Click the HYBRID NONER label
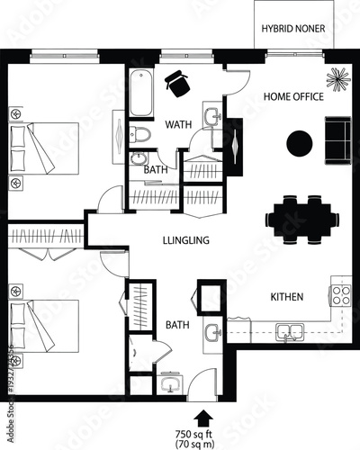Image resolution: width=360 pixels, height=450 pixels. [294, 28]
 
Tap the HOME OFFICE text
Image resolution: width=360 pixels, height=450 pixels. [292, 95]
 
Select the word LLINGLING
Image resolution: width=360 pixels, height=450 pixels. [186, 240]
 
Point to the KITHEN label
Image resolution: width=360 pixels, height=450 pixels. [287, 296]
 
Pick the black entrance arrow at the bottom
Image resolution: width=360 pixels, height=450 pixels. [201, 416]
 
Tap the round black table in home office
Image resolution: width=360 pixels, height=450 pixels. [299, 142]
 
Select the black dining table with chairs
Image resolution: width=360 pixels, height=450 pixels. [303, 219]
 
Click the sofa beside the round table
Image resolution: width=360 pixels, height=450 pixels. [338, 140]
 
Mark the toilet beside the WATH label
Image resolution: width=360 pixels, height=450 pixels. [139, 136]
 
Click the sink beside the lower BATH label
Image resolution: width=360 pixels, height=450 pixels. [213, 334]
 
